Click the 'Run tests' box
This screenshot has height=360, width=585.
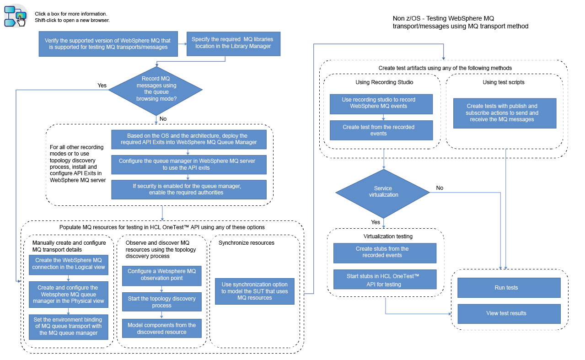coord(509,288)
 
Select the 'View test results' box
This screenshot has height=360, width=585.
coord(509,313)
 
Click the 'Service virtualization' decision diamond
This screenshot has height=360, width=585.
coord(383,192)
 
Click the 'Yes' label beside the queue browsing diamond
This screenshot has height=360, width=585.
coord(102,85)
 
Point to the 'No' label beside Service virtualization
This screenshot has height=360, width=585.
coord(440,188)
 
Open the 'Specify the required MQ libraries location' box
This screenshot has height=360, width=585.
coord(233,43)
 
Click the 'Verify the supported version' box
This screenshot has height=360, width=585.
coord(108,44)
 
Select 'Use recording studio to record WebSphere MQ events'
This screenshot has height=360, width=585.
coord(381,103)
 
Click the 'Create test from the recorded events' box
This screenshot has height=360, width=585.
coord(381,130)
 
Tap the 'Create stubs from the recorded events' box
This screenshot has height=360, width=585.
coord(385,252)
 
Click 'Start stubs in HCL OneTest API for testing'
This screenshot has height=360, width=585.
coord(385,280)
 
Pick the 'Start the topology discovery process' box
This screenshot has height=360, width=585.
coord(161,302)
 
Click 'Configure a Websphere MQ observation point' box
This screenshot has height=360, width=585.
coord(161,275)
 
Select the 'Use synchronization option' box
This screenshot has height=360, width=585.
coord(254,291)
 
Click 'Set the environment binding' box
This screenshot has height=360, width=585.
coord(69,326)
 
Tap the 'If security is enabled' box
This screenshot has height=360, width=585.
coord(188,189)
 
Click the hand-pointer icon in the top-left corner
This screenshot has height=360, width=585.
coord(16,17)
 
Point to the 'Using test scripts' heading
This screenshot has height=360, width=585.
coord(504,82)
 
